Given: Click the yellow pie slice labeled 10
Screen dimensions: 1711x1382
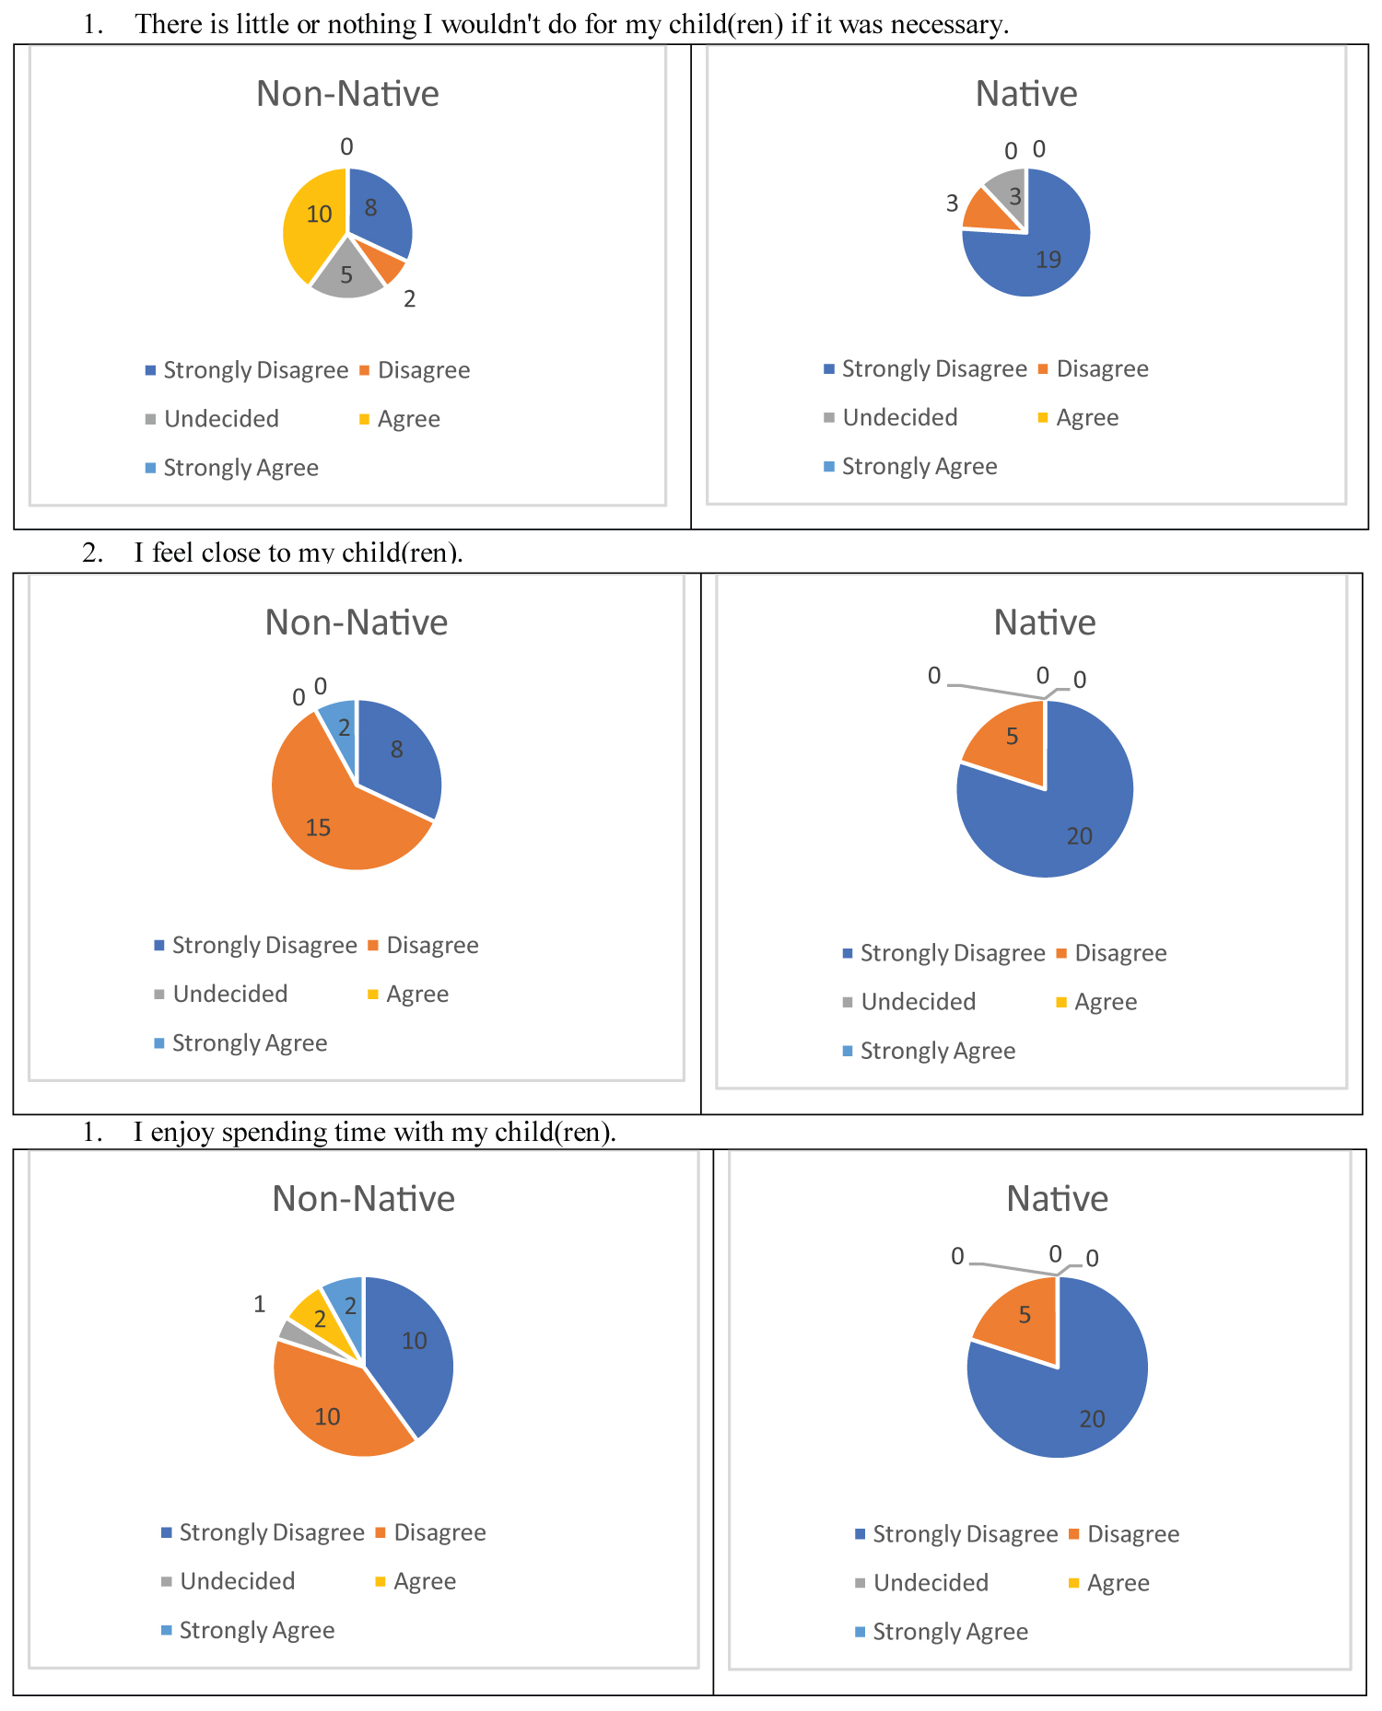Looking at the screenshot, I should [313, 226].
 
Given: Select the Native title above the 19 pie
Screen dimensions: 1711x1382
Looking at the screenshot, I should [1026, 94].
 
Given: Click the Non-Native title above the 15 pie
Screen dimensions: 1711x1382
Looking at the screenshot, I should [356, 623].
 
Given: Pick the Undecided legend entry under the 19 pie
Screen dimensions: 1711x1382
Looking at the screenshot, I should [899, 418].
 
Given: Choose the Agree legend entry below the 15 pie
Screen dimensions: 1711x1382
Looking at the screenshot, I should [416, 995].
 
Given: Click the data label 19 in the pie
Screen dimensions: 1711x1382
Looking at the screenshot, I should [1048, 261].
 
